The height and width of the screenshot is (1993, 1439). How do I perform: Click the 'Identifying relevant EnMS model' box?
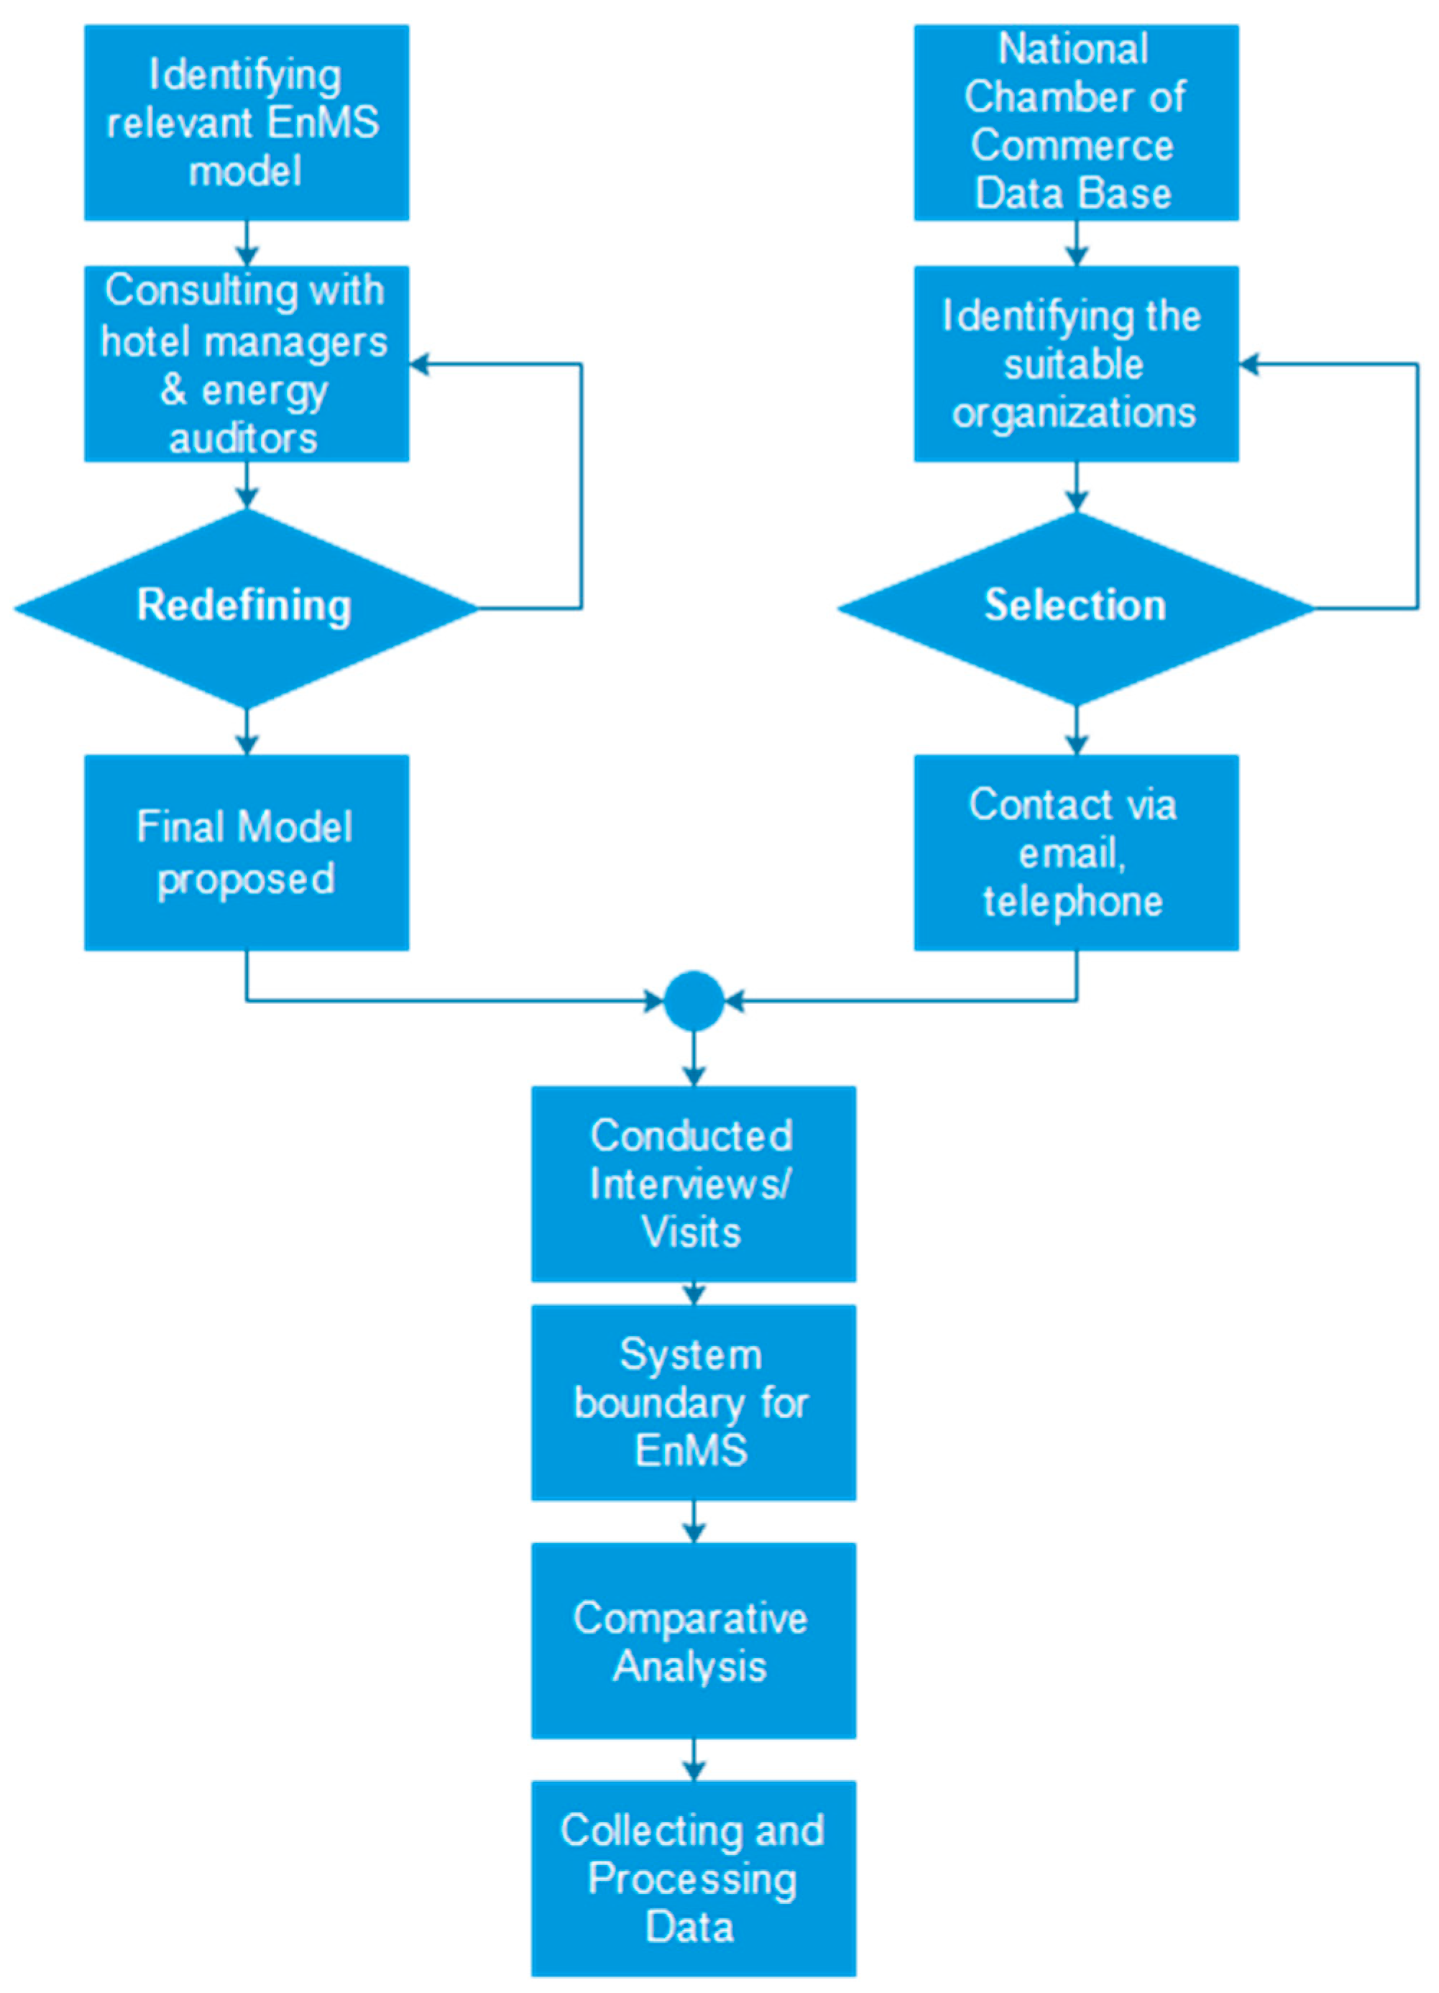click(x=246, y=122)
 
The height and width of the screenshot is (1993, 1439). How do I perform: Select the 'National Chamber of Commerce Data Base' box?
click(x=1076, y=122)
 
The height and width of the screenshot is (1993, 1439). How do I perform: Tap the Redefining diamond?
click(x=246, y=607)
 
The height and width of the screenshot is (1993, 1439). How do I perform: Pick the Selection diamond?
click(x=1076, y=607)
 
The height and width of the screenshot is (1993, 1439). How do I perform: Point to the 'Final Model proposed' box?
click(x=246, y=852)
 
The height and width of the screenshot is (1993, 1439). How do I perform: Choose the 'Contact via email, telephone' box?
click(x=1076, y=852)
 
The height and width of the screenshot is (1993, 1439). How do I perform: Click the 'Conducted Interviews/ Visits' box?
click(x=694, y=1183)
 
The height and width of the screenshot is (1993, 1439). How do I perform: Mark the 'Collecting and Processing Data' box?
click(x=694, y=1878)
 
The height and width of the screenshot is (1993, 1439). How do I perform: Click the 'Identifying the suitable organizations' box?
click(x=1076, y=364)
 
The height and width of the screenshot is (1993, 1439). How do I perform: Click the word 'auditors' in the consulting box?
click(x=244, y=438)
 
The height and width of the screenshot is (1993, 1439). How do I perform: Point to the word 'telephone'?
click(x=1072, y=901)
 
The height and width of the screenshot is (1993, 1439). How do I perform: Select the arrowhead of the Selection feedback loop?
click(x=1249, y=364)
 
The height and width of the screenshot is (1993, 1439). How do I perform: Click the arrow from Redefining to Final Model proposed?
click(x=247, y=732)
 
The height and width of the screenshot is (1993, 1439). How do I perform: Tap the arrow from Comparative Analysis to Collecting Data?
click(x=694, y=1760)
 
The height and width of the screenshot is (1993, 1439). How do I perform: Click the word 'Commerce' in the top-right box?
click(x=1072, y=145)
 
